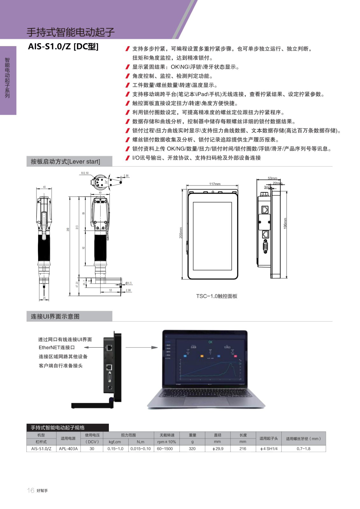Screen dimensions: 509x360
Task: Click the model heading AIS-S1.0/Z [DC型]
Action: tap(63, 47)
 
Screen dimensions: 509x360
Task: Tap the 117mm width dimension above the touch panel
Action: tap(215, 184)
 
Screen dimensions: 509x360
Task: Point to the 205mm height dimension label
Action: tap(181, 233)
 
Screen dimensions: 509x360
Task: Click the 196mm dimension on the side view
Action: tap(285, 223)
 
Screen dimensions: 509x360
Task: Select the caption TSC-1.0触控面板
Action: tap(216, 296)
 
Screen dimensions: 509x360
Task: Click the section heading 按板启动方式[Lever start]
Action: tap(65, 162)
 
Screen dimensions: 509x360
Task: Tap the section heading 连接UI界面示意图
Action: tap(55, 317)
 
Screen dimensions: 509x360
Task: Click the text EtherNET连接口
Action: tap(57, 348)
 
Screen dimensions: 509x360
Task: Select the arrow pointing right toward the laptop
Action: tap(141, 347)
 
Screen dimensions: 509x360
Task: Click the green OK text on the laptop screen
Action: tap(210, 342)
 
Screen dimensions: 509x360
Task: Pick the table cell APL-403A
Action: tap(68, 449)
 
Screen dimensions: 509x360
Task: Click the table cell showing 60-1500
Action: tap(165, 449)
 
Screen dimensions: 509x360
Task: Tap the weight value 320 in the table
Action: tap(192, 449)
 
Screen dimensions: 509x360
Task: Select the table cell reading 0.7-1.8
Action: tap(303, 449)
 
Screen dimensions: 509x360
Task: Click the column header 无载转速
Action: tap(167, 435)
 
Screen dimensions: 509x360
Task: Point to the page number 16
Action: tap(31, 490)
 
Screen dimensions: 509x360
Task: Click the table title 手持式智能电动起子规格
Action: tap(58, 428)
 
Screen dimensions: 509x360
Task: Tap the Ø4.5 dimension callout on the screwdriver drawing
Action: tap(128, 283)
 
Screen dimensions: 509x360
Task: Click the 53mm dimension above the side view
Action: tap(272, 178)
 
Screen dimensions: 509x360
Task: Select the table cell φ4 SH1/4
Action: tap(269, 449)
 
